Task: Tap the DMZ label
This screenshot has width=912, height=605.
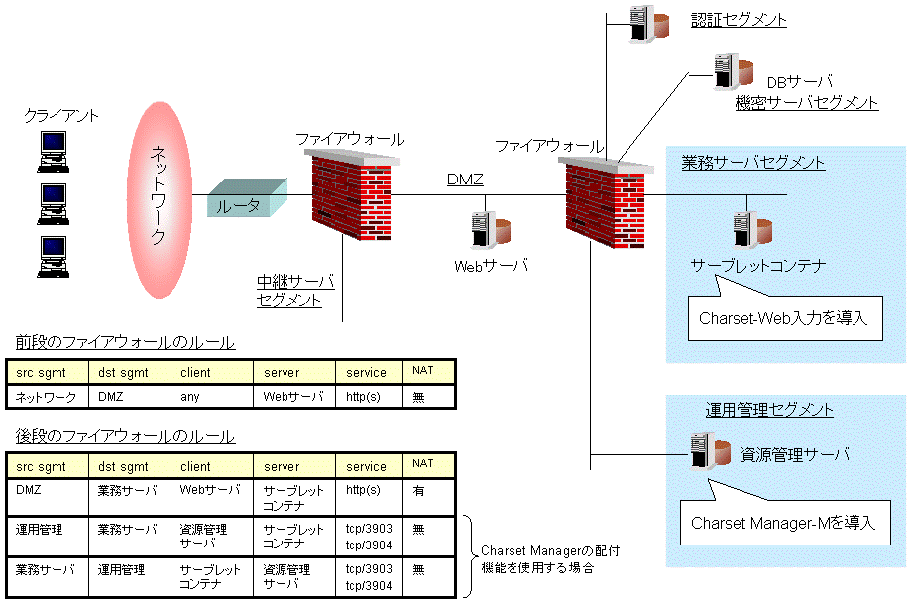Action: (x=464, y=179)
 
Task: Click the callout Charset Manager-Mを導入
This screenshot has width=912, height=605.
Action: (x=783, y=522)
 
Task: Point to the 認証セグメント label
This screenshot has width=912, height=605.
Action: (x=739, y=19)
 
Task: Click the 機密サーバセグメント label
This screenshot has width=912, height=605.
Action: (x=806, y=102)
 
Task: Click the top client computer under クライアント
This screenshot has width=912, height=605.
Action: (x=53, y=149)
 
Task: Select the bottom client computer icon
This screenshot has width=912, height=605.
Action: (x=53, y=256)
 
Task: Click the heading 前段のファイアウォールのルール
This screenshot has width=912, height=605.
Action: (x=125, y=343)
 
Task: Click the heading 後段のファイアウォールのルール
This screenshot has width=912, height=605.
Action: (x=125, y=436)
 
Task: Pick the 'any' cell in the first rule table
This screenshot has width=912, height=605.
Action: (x=191, y=396)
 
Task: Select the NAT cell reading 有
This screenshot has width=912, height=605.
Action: (x=418, y=490)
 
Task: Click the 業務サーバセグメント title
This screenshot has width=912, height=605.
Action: (x=752, y=162)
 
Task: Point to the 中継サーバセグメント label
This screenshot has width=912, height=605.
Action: (x=294, y=290)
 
